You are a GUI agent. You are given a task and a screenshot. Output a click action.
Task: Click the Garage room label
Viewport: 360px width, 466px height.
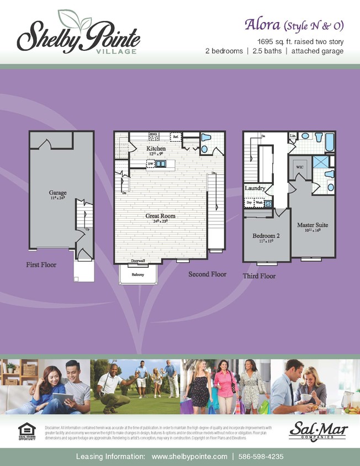(x=57, y=194)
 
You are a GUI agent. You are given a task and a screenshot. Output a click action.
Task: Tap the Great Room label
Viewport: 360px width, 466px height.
(x=160, y=216)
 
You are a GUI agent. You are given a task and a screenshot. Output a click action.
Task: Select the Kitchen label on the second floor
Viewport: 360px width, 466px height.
(x=156, y=149)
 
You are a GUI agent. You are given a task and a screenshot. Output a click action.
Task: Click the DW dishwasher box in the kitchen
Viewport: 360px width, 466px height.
(x=150, y=163)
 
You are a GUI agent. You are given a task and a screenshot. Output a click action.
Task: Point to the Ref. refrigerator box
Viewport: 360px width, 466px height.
(x=176, y=136)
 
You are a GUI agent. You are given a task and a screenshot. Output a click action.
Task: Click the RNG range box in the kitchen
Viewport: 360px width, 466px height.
(x=155, y=135)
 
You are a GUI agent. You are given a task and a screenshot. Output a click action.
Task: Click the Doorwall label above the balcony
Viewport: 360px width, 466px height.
(x=138, y=261)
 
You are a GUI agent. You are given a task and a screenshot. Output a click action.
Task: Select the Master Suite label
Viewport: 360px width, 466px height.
(x=313, y=225)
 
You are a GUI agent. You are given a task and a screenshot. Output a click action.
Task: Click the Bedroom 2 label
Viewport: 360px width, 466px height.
(x=266, y=236)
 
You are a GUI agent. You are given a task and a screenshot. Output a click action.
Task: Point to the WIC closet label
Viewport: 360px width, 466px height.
(x=300, y=166)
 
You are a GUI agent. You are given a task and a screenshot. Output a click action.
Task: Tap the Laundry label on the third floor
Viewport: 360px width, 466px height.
(x=255, y=188)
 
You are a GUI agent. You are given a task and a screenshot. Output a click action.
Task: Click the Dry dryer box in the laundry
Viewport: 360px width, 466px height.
(x=250, y=203)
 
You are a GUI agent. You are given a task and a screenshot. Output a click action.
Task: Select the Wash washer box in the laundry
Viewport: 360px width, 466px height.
(x=259, y=203)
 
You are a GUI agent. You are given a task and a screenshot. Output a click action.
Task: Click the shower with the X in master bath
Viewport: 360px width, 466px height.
(x=320, y=162)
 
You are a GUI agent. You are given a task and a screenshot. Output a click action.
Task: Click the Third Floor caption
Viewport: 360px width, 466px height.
(x=259, y=276)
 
